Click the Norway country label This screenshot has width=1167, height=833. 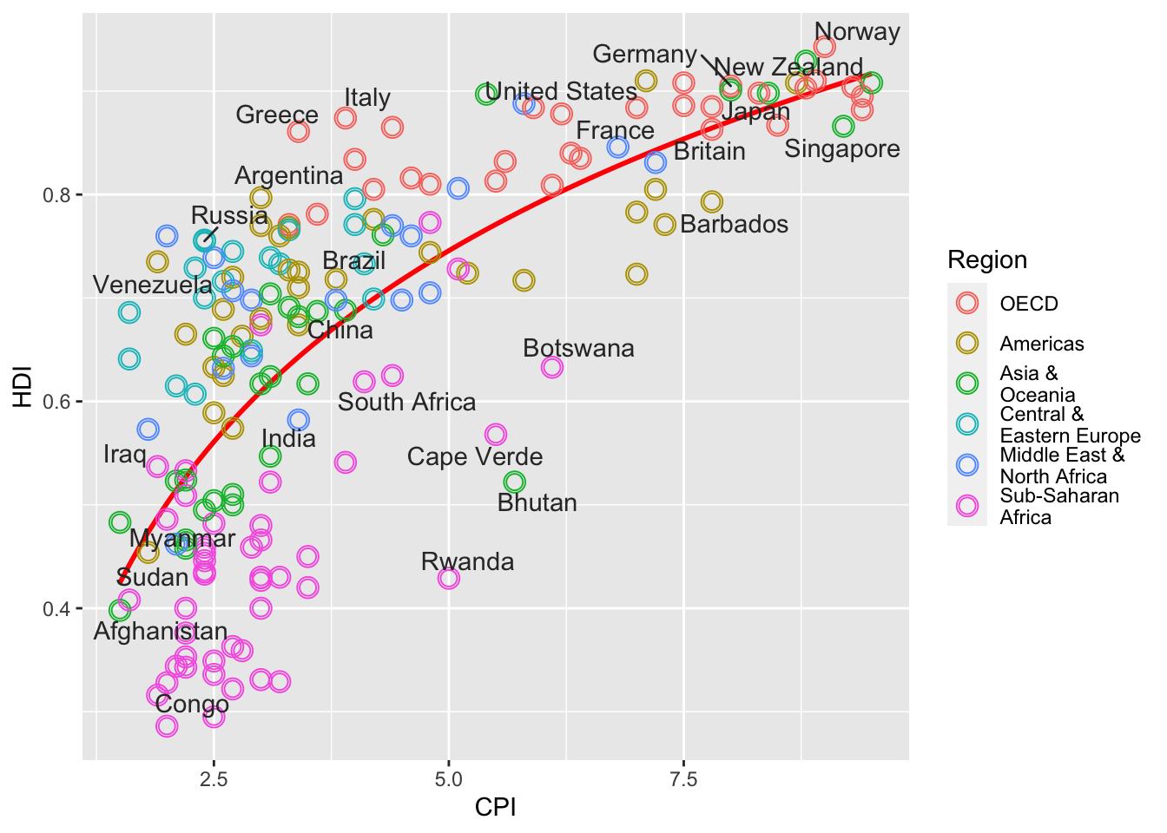(857, 32)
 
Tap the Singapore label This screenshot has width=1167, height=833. (841, 149)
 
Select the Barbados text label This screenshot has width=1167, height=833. (734, 225)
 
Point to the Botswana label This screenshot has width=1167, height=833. (578, 349)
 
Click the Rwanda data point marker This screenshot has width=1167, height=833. (449, 578)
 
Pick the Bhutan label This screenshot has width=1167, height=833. (537, 503)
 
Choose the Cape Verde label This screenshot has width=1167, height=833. (474, 457)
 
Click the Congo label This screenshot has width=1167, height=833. (191, 705)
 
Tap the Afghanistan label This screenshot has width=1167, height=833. (160, 632)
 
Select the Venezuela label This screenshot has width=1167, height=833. (152, 285)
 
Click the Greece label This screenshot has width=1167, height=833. (276, 115)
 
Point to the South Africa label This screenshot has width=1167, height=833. (406, 403)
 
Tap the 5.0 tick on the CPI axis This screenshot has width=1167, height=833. (449, 778)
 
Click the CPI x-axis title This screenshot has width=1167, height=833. (495, 808)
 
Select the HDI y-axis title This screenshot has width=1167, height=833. (22, 387)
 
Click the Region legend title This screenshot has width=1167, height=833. (986, 260)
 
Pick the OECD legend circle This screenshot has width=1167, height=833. (966, 303)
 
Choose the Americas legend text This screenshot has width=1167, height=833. (1041, 344)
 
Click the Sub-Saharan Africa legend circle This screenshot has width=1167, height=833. (966, 506)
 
